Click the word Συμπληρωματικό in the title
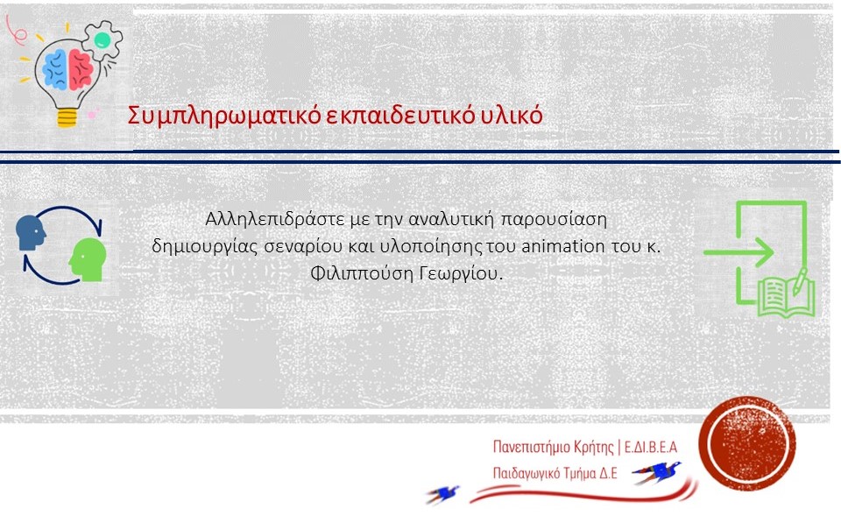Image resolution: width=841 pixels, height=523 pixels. pos(224,116)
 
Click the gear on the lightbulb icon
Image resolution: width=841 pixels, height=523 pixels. pos(102,39)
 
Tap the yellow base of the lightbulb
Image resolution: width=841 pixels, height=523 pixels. pos(67,117)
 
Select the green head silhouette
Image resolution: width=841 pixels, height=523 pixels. pos(88,260)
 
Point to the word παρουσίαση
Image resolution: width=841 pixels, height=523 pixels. pos(554,220)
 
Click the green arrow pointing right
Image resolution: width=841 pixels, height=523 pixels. pos(739,251)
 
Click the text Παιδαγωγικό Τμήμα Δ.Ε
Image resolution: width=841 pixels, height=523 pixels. pos(555,473)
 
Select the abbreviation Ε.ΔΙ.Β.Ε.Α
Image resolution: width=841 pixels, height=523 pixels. pos(651,446)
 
